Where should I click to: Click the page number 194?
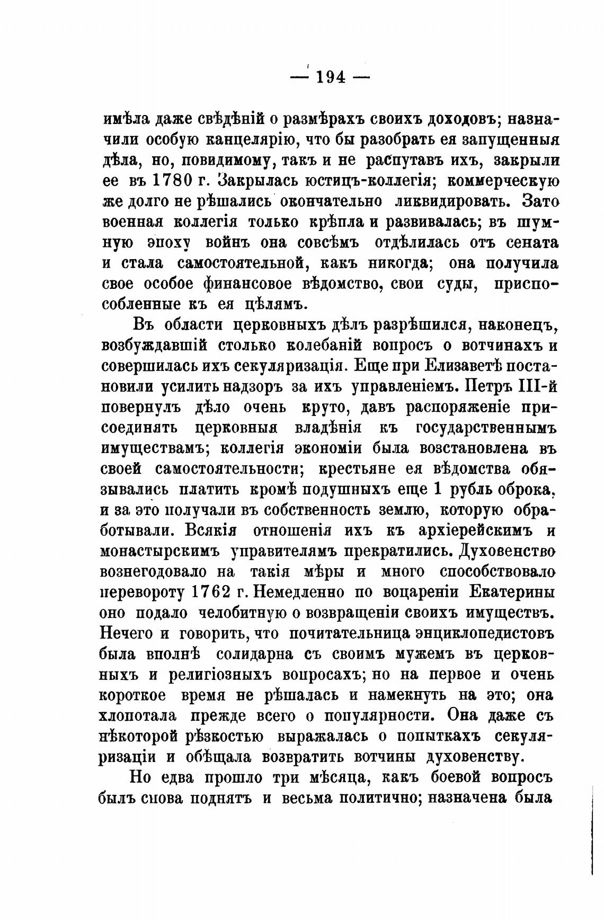coord(331,78)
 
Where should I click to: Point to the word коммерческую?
coord(503,181)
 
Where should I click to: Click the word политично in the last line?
coord(378,798)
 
